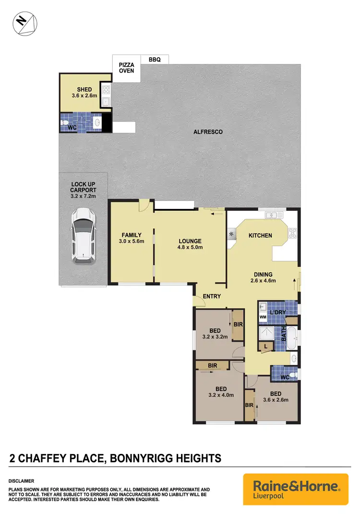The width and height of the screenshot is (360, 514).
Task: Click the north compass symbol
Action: pyautogui.click(x=23, y=23)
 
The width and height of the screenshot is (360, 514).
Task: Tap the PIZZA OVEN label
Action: pyautogui.click(x=127, y=67)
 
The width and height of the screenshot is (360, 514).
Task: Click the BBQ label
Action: pyautogui.click(x=155, y=60)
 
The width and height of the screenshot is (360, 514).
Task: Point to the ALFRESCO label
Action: pyautogui.click(x=208, y=132)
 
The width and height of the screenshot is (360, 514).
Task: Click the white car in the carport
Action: pyautogui.click(x=83, y=235)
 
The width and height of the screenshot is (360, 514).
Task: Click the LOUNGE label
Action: pyautogui.click(x=190, y=241)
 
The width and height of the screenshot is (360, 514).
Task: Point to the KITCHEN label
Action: pyautogui.click(x=260, y=235)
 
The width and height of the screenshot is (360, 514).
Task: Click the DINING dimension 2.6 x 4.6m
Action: pyautogui.click(x=264, y=281)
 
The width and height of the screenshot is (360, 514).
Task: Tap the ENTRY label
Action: pyautogui.click(x=212, y=296)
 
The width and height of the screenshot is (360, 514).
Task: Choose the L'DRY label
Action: pyautogui.click(x=277, y=312)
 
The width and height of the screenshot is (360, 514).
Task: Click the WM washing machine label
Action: pyautogui.click(x=263, y=317)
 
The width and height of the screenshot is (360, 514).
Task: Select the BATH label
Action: pyautogui.click(x=283, y=334)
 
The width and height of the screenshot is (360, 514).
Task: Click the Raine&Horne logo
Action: pyautogui.click(x=296, y=489)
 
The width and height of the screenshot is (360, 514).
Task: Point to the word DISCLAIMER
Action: pyautogui.click(x=21, y=481)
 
